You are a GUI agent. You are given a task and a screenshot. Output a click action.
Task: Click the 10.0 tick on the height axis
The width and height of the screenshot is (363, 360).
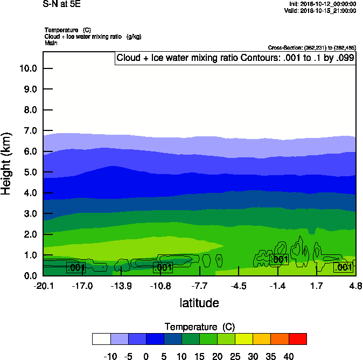(27, 68)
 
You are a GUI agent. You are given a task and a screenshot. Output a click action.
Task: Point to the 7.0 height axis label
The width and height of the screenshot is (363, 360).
(27, 131)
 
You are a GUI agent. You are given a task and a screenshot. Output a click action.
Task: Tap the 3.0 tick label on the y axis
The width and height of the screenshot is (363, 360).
(27, 214)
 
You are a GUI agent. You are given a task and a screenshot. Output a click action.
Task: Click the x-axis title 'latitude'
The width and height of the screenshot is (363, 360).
(199, 303)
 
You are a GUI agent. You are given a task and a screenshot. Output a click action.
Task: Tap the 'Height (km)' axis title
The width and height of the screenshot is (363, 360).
(7, 164)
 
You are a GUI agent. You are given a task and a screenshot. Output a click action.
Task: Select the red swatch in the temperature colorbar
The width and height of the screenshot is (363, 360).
(297, 338)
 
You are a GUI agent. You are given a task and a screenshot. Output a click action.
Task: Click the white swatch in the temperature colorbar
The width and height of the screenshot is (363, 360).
(101, 338)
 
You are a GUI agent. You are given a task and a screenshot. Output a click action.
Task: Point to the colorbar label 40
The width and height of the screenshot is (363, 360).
(289, 356)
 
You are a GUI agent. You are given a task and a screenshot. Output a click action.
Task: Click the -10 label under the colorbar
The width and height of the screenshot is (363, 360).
(110, 356)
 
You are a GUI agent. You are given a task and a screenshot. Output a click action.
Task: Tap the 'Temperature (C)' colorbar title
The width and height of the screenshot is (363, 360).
(199, 327)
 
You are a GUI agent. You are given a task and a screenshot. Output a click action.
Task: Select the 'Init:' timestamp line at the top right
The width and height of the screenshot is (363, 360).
(322, 4)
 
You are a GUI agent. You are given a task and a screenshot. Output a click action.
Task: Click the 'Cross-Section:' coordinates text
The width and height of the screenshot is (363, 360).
(312, 48)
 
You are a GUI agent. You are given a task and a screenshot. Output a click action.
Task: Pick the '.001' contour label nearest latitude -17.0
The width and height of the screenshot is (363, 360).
(75, 267)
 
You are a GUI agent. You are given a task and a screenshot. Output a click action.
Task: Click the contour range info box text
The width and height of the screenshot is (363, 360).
(235, 58)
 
